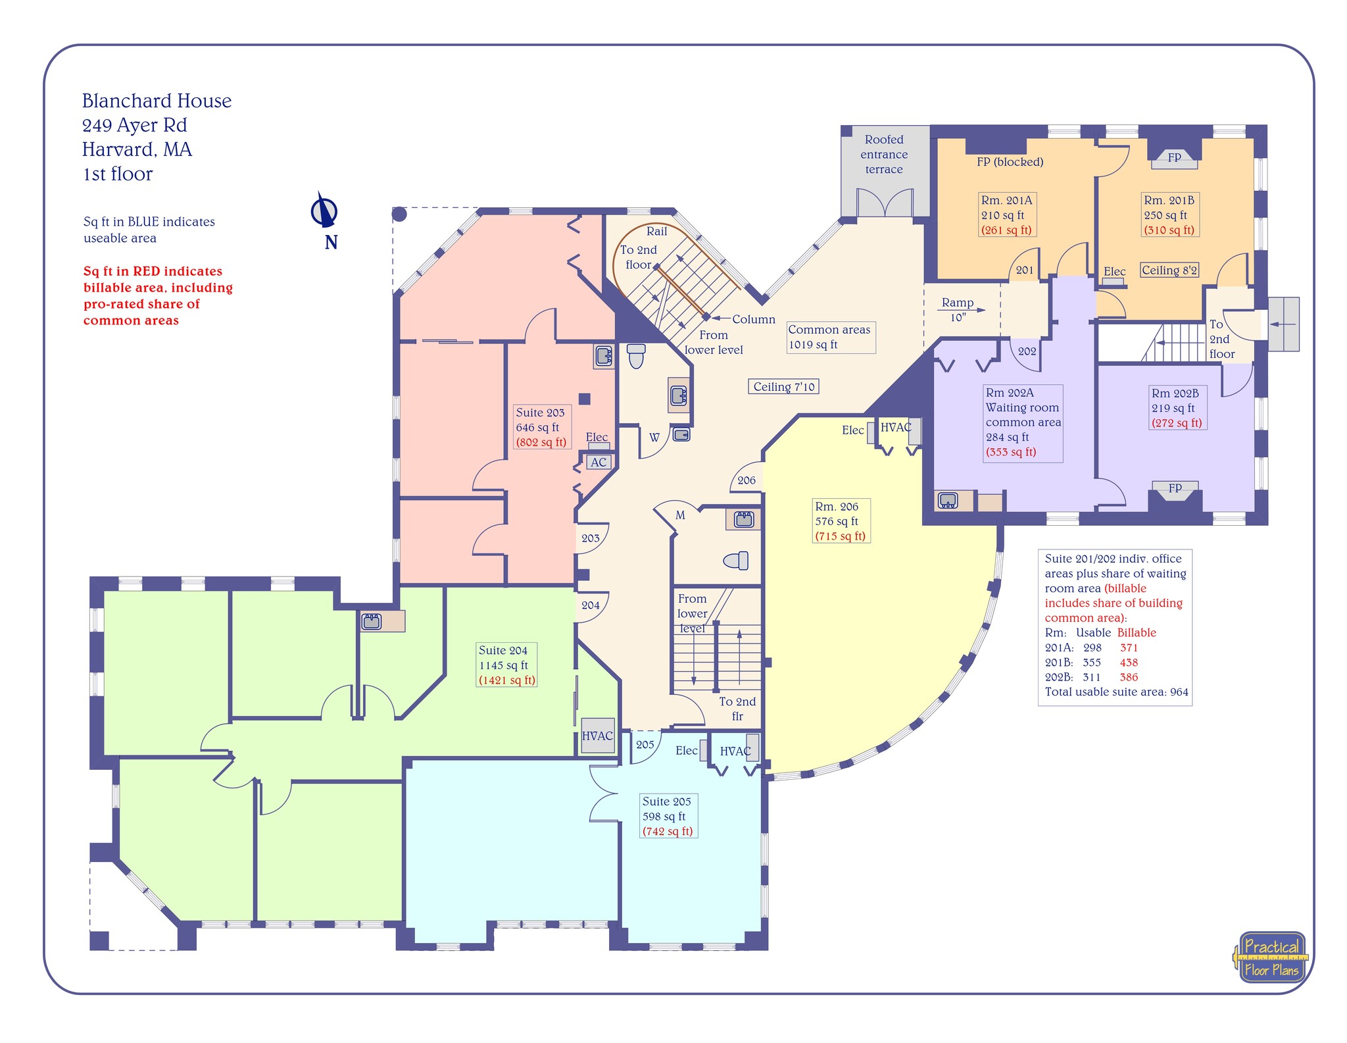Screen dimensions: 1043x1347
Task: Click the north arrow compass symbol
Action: pyautogui.click(x=324, y=211)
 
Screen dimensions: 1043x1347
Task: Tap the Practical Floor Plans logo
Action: pyautogui.click(x=1271, y=957)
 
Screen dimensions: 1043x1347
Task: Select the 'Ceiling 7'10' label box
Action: pyautogui.click(x=783, y=387)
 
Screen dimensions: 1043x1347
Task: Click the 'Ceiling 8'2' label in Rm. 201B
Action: pyautogui.click(x=1169, y=270)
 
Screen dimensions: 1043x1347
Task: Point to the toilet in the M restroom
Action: pyautogui.click(x=736, y=561)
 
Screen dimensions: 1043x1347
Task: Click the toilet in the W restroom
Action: pyautogui.click(x=635, y=356)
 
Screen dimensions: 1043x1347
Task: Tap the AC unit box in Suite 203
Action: pyautogui.click(x=598, y=462)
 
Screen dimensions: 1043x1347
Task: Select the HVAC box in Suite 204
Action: pyautogui.click(x=597, y=736)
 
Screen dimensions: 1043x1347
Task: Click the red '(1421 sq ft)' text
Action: pyautogui.click(x=506, y=680)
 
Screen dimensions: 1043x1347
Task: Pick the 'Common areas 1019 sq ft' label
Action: pyautogui.click(x=830, y=337)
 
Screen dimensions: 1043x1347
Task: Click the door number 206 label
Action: pyautogui.click(x=746, y=480)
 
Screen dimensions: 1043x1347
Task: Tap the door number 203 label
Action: pyautogui.click(x=590, y=538)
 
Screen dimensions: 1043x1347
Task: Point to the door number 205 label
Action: pyautogui.click(x=645, y=744)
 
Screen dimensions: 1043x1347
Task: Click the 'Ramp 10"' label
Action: pyautogui.click(x=958, y=309)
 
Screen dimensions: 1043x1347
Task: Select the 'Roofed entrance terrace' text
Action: pyautogui.click(x=884, y=155)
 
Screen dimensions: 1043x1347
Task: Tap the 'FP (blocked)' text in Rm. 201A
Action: pyautogui.click(x=1010, y=162)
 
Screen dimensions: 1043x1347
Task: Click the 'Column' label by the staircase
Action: pyautogui.click(x=753, y=319)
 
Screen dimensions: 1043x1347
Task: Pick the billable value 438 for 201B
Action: pyautogui.click(x=1129, y=663)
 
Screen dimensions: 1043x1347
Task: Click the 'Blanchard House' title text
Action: pyautogui.click(x=157, y=101)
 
